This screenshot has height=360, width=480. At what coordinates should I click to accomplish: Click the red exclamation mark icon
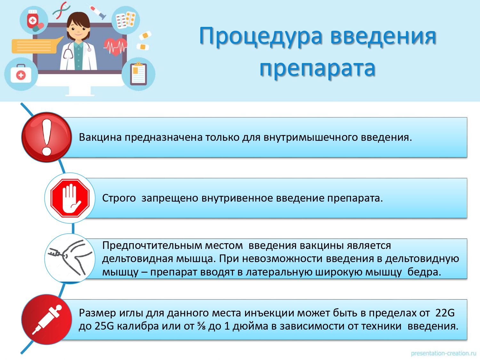[x=47, y=137]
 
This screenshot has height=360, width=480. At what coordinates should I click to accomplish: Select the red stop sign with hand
[x=70, y=198]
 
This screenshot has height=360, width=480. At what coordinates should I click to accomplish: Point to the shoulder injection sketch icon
[x=70, y=258]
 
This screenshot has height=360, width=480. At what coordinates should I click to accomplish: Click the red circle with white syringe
[x=47, y=320]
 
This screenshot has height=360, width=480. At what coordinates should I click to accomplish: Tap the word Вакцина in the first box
[x=100, y=138]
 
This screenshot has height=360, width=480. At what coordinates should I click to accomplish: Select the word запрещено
[x=170, y=198]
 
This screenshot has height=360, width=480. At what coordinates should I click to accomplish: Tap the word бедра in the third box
[x=424, y=272]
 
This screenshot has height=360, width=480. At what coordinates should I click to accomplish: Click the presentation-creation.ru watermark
[x=444, y=354]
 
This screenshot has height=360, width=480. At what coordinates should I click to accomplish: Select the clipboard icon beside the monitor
[x=139, y=74]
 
